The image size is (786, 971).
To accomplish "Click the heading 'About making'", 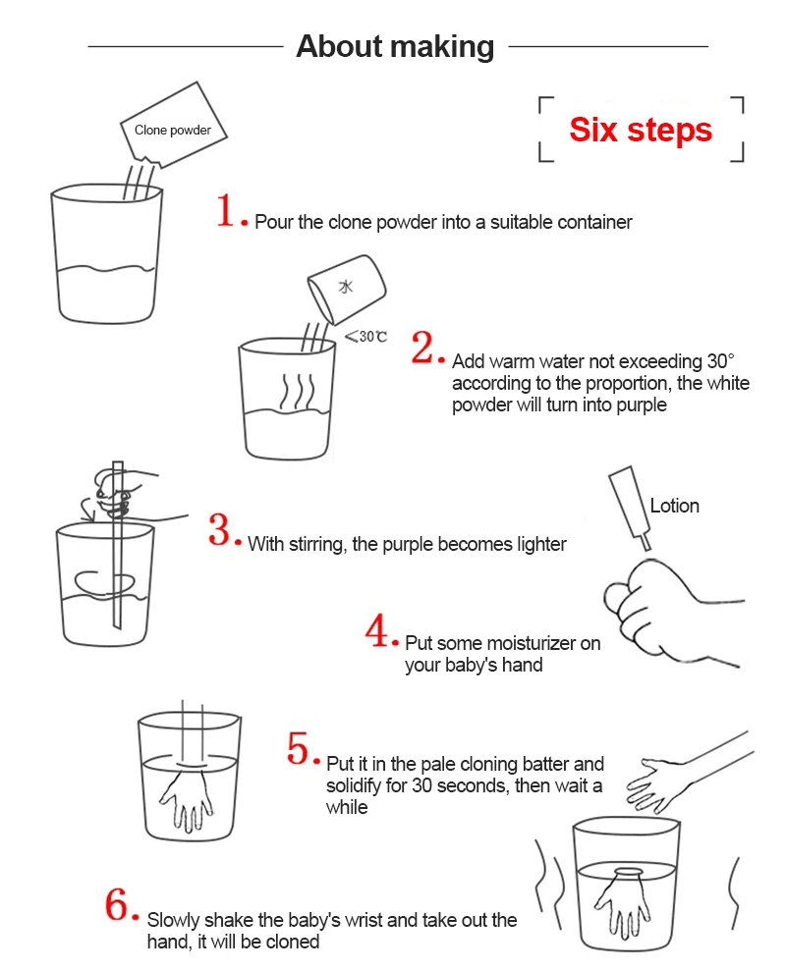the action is click(395, 47).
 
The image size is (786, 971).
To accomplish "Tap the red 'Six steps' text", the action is click(641, 130).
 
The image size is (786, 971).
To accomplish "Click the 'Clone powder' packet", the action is click(173, 125).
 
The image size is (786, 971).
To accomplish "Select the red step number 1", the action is click(225, 210).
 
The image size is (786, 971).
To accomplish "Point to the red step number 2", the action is click(423, 348).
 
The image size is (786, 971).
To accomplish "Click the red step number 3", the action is click(219, 530).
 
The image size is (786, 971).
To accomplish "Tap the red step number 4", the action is click(376, 631).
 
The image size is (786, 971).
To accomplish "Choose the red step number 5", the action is click(298, 748).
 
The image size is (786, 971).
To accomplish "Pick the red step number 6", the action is click(117, 905).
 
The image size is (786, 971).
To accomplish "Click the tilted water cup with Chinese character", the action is click(347, 290).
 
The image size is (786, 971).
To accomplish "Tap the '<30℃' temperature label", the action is click(365, 336).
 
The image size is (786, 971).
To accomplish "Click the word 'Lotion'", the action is click(674, 506).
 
